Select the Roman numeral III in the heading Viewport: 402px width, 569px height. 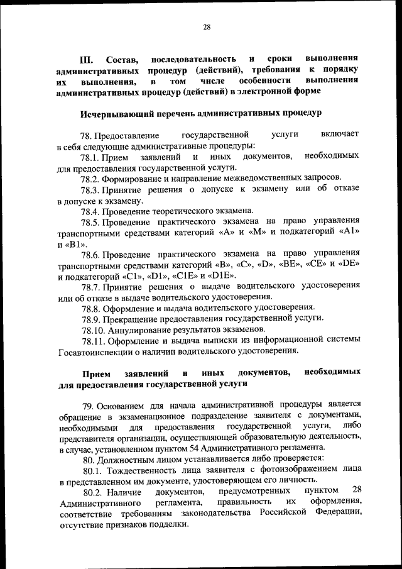tap(88, 59)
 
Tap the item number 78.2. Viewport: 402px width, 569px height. tap(91, 178)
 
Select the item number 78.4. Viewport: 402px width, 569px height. tap(91, 210)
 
